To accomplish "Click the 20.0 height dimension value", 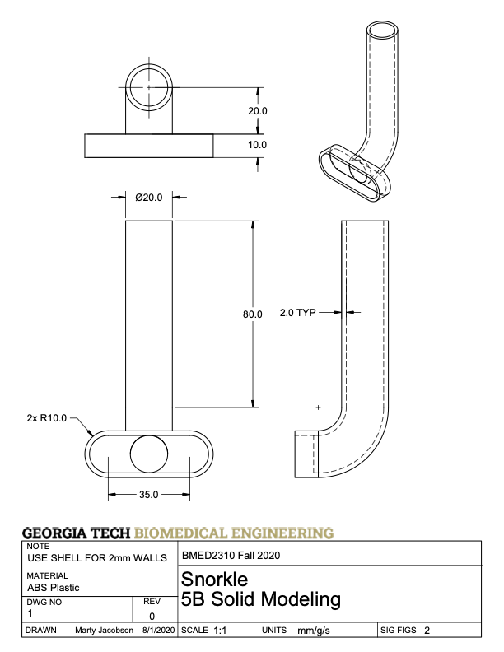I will tap(258, 111).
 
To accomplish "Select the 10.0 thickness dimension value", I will tap(258, 145).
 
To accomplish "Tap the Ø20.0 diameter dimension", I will tap(148, 197).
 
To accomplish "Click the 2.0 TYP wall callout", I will tap(297, 313).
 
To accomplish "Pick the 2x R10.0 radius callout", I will tap(46, 418).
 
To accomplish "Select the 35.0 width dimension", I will tap(148, 495).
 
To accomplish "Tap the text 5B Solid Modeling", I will tap(260, 600).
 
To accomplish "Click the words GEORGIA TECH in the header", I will tap(77, 533).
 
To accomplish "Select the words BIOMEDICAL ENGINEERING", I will tap(235, 533).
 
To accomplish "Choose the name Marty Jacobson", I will tap(104, 631).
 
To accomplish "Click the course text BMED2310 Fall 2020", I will tap(231, 555).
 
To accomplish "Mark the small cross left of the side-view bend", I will tap(319, 407).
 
